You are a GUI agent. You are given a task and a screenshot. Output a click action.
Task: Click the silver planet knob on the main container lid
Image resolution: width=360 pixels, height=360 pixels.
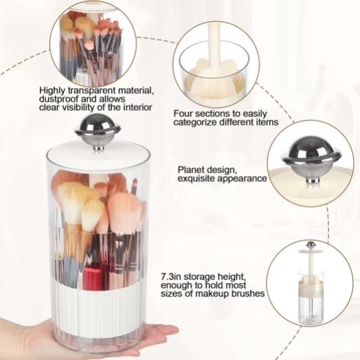[x=98, y=128]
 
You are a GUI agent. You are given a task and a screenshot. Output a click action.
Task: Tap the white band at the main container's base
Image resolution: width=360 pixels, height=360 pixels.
[x=96, y=303]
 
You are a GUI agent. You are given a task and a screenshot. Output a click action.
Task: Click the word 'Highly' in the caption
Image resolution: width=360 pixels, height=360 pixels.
[x=54, y=90]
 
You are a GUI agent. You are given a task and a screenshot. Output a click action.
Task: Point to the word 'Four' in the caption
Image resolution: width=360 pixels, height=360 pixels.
[x=184, y=113]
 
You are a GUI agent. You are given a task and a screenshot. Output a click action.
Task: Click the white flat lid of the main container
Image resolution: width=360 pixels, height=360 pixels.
[x=96, y=147]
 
